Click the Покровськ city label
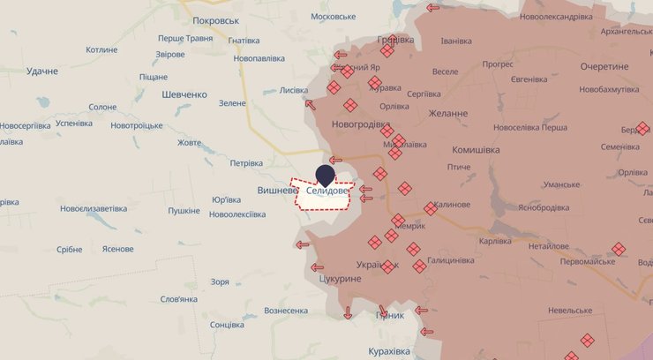click(x=216, y=20)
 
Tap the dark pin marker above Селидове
click(x=326, y=175)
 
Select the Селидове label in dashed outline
click(x=328, y=191)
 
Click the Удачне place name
click(x=41, y=71)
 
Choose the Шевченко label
click(x=184, y=94)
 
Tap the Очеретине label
click(x=604, y=67)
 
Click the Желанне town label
click(x=450, y=113)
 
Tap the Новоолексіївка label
click(x=238, y=214)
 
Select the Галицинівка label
click(x=450, y=260)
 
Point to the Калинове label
click(x=452, y=205)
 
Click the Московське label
click(x=334, y=17)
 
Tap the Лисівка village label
click(x=293, y=90)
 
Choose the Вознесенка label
click(x=286, y=311)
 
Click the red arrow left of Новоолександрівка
click(x=433, y=8)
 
